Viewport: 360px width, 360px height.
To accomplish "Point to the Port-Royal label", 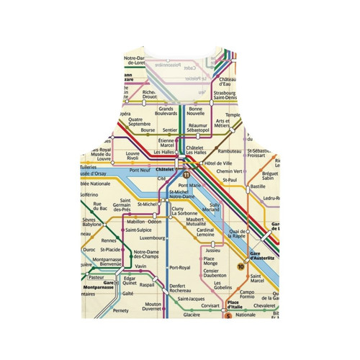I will click(179, 268).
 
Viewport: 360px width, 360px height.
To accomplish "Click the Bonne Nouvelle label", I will click(196, 112).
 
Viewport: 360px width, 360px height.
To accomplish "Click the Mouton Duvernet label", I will click(152, 307).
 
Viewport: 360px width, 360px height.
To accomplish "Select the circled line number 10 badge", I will click(240, 267).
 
